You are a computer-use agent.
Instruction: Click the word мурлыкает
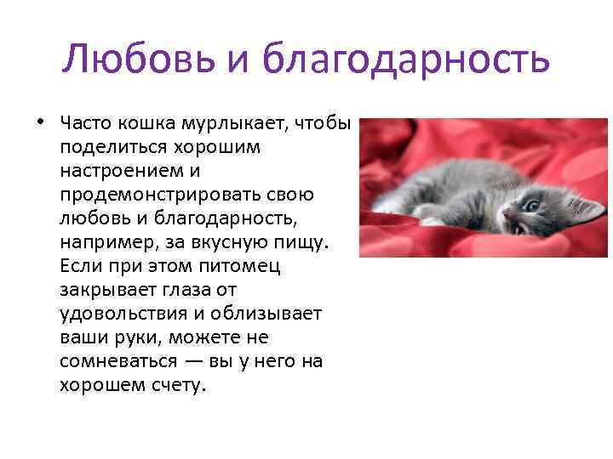click(x=231, y=123)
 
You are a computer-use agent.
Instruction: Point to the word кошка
click(x=145, y=123)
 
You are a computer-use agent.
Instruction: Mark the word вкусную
click(x=230, y=242)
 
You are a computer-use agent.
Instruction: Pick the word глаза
click(x=187, y=290)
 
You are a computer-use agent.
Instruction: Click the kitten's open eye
click(x=532, y=206)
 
